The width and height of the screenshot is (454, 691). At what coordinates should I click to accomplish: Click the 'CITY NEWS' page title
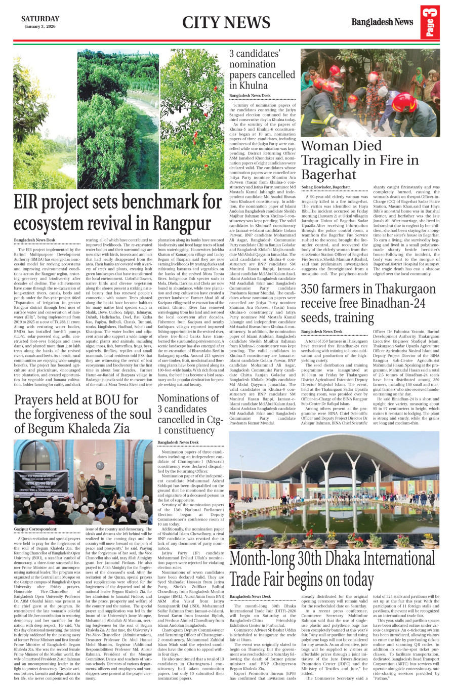click(x=226, y=23)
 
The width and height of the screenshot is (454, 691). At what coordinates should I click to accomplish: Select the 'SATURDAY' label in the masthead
click(x=40, y=19)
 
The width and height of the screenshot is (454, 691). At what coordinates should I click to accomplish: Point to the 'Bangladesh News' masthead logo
click(x=382, y=22)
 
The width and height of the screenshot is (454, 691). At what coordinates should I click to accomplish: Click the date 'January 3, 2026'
click(x=40, y=26)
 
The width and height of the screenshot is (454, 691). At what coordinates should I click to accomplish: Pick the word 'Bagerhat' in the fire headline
click(x=328, y=175)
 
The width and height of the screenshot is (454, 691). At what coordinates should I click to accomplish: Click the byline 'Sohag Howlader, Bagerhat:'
click(x=325, y=187)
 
